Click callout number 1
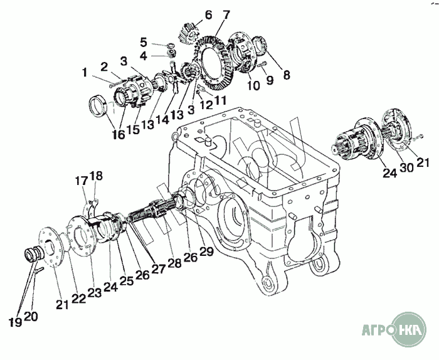pyautogui.click(x=84, y=72)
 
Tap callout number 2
pyautogui.click(x=104, y=66)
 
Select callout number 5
pyautogui.click(x=144, y=42)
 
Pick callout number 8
pyautogui.click(x=287, y=75)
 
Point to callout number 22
pyautogui.click(x=78, y=298)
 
